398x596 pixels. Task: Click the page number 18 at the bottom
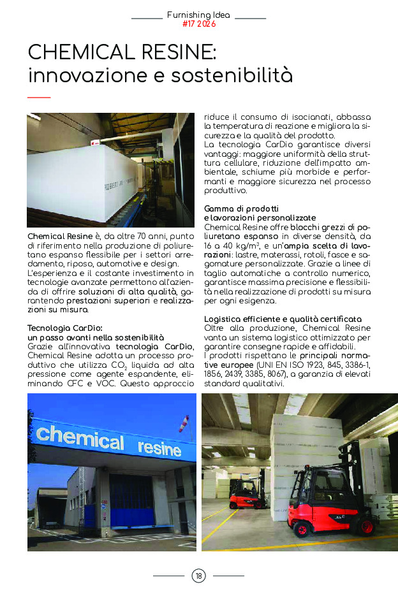click(198, 576)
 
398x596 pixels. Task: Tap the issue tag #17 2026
click(199, 24)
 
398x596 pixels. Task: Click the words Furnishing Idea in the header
click(199, 15)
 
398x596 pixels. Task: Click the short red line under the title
click(39, 98)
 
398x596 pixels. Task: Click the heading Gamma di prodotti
click(241, 208)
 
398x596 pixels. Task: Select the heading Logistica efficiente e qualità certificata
click(283, 319)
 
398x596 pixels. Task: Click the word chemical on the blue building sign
click(80, 439)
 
